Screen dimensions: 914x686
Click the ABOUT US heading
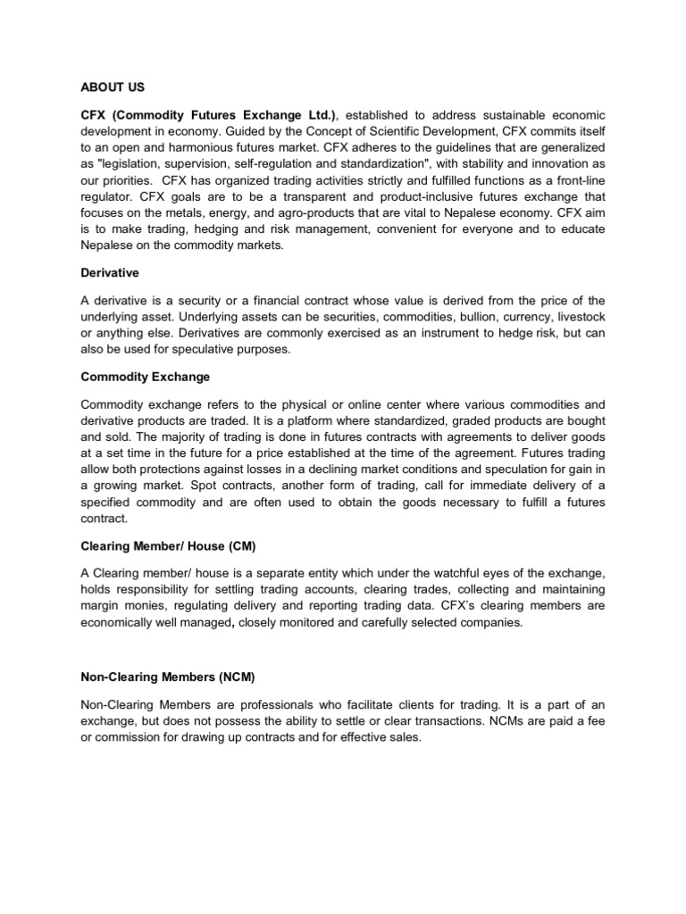click(x=112, y=87)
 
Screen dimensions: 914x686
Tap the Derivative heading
click(x=110, y=272)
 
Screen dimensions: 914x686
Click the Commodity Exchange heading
click(x=145, y=377)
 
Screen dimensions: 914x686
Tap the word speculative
click(x=194, y=349)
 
